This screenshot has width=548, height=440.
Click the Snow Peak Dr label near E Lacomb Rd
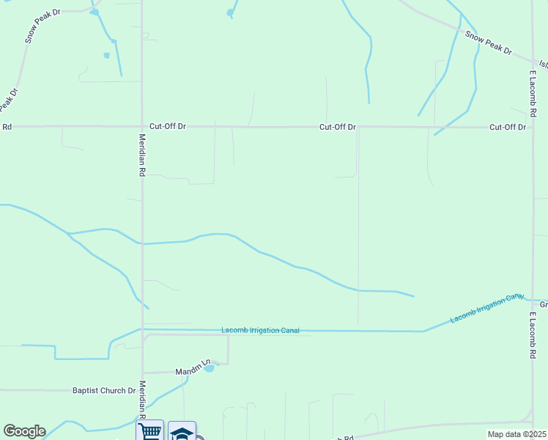click(x=488, y=43)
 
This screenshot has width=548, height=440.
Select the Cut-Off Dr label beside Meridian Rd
click(x=168, y=126)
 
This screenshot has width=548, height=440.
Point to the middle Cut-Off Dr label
click(x=337, y=127)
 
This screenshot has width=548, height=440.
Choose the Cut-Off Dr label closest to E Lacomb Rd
click(x=508, y=127)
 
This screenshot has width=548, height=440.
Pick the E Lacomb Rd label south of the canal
click(x=532, y=334)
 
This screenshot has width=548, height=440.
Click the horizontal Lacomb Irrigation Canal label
click(x=260, y=331)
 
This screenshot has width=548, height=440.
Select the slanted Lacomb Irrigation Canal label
click(x=487, y=309)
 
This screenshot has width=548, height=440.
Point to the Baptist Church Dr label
click(x=105, y=391)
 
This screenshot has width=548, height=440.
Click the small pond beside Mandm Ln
click(x=209, y=368)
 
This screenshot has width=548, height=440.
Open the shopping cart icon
click(x=149, y=431)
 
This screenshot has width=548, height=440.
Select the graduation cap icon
click(x=182, y=432)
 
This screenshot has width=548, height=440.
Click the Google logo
click(x=24, y=431)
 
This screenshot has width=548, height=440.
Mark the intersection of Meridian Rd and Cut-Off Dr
click(x=142, y=126)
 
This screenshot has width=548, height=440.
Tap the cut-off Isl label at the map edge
click(x=543, y=64)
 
